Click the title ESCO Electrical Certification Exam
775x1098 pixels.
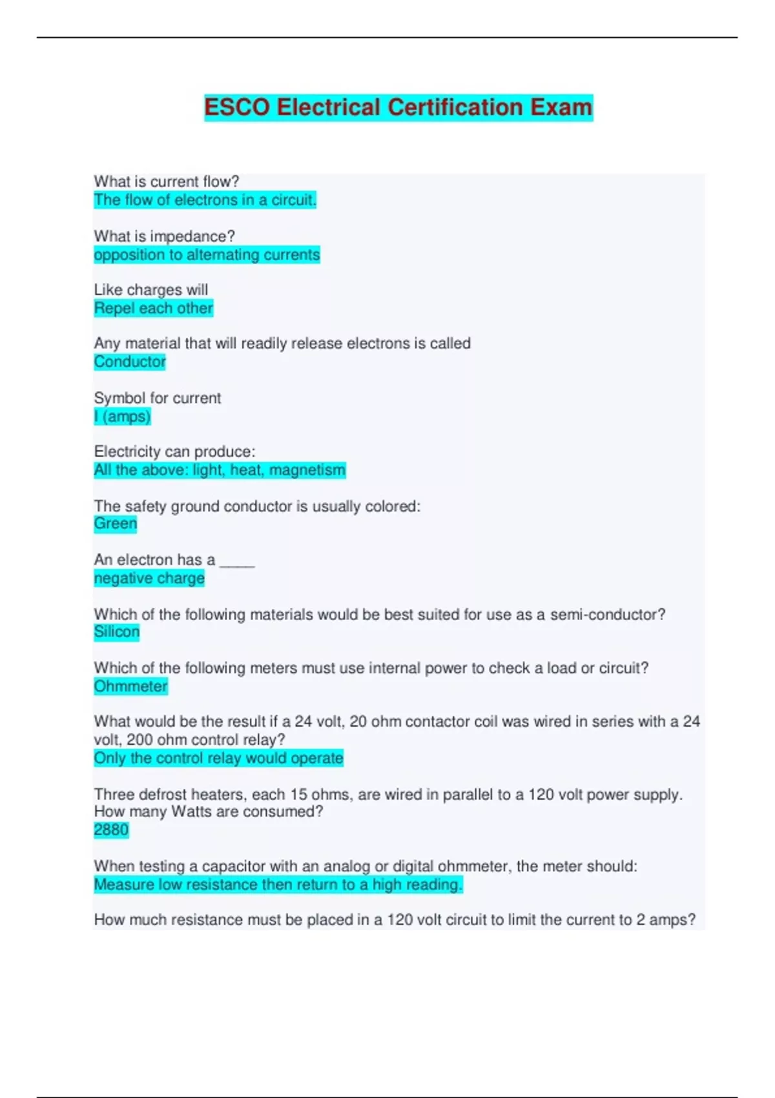[x=398, y=107]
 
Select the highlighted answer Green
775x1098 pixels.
[x=116, y=523]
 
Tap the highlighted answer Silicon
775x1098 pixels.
[x=117, y=632]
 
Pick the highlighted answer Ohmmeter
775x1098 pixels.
[x=130, y=686]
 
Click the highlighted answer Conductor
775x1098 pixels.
[x=130, y=362]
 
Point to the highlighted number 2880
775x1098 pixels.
[x=111, y=830]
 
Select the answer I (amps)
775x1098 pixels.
[x=122, y=417]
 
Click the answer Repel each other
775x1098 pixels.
[x=153, y=308]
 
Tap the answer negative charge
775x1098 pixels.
[x=149, y=578]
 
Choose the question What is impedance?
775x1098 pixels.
[x=164, y=236]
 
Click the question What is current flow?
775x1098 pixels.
[x=166, y=181]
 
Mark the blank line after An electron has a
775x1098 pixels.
[x=237, y=562]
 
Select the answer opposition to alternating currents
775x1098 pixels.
[x=207, y=254]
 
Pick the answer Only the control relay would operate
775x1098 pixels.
[x=218, y=758]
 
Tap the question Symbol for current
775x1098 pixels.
[x=157, y=398]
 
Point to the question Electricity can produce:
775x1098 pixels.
[x=174, y=451]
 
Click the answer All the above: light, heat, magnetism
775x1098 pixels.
[x=220, y=470]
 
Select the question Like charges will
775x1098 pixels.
[x=150, y=290]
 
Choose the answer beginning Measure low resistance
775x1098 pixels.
[x=278, y=884]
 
